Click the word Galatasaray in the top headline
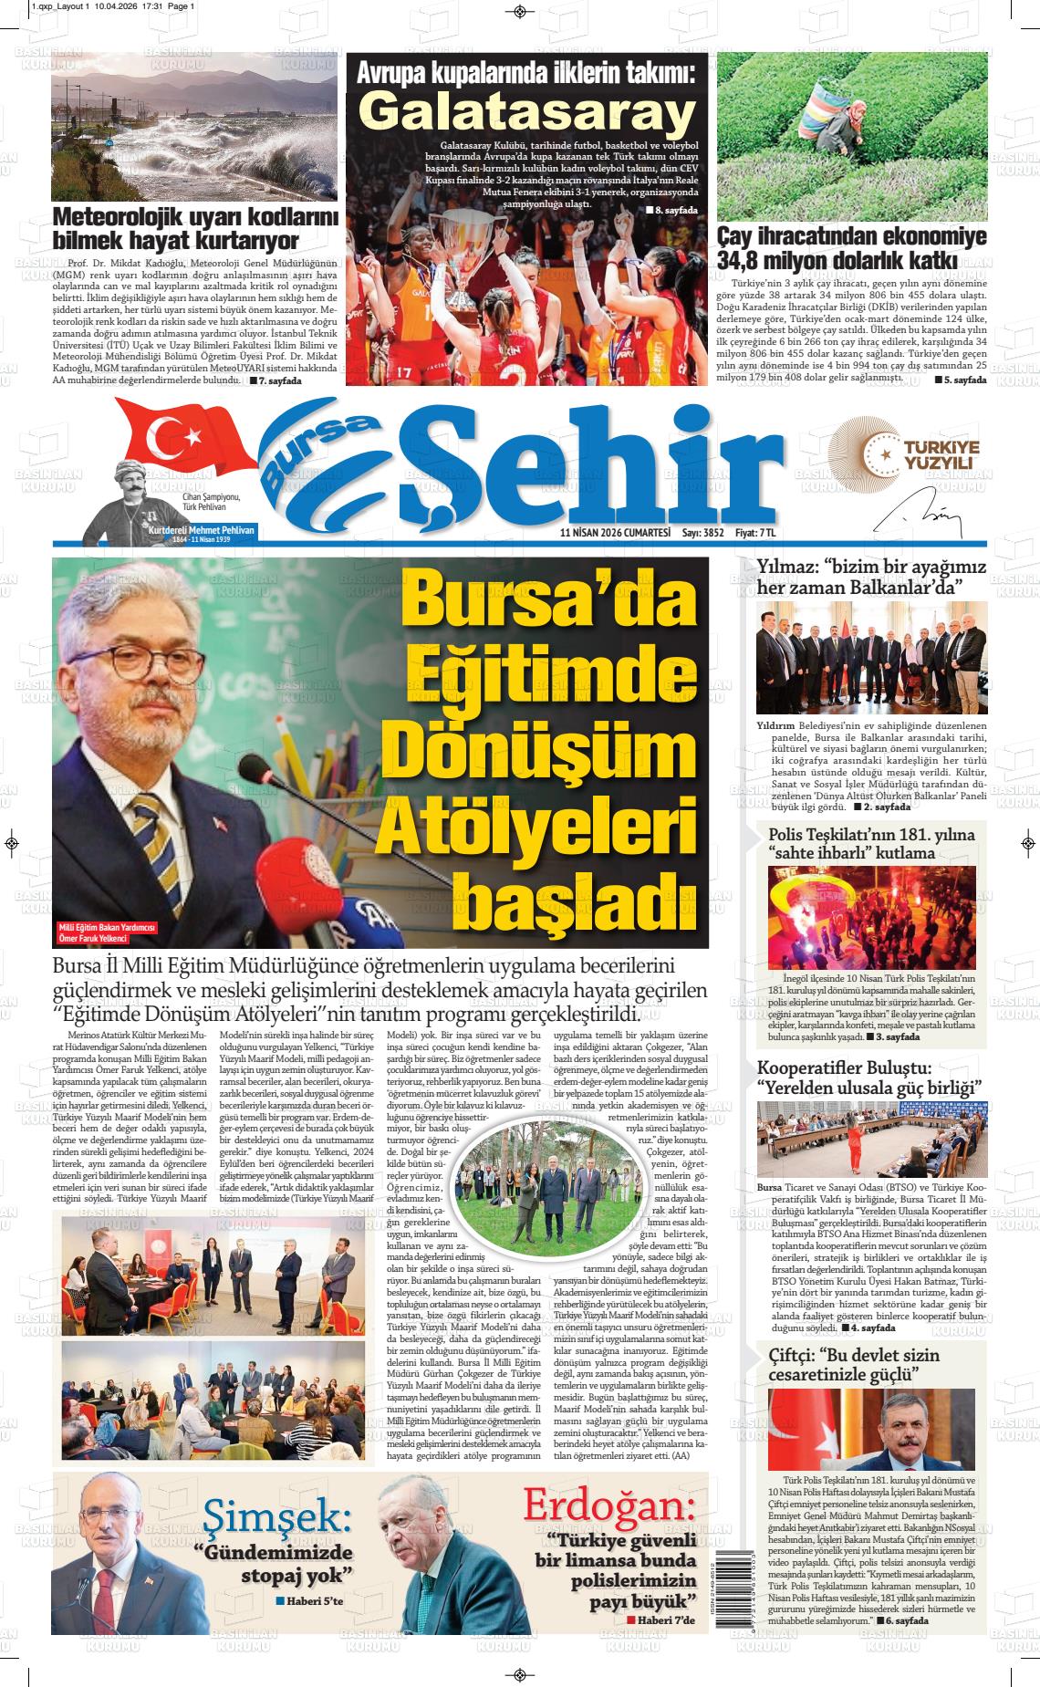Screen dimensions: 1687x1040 (525, 113)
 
